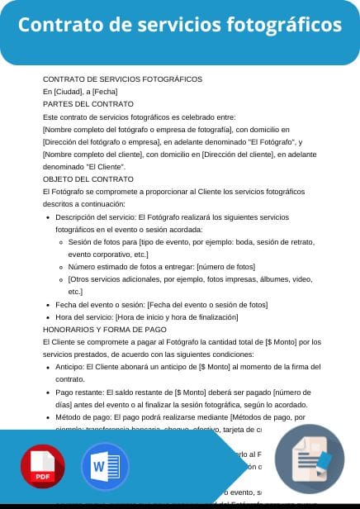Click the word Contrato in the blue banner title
[59, 25]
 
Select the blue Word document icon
[105, 468]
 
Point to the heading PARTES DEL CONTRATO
[88, 104]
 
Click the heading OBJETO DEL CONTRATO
[87, 178]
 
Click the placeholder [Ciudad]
[69, 92]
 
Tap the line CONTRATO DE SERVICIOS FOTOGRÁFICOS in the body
[122, 79]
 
